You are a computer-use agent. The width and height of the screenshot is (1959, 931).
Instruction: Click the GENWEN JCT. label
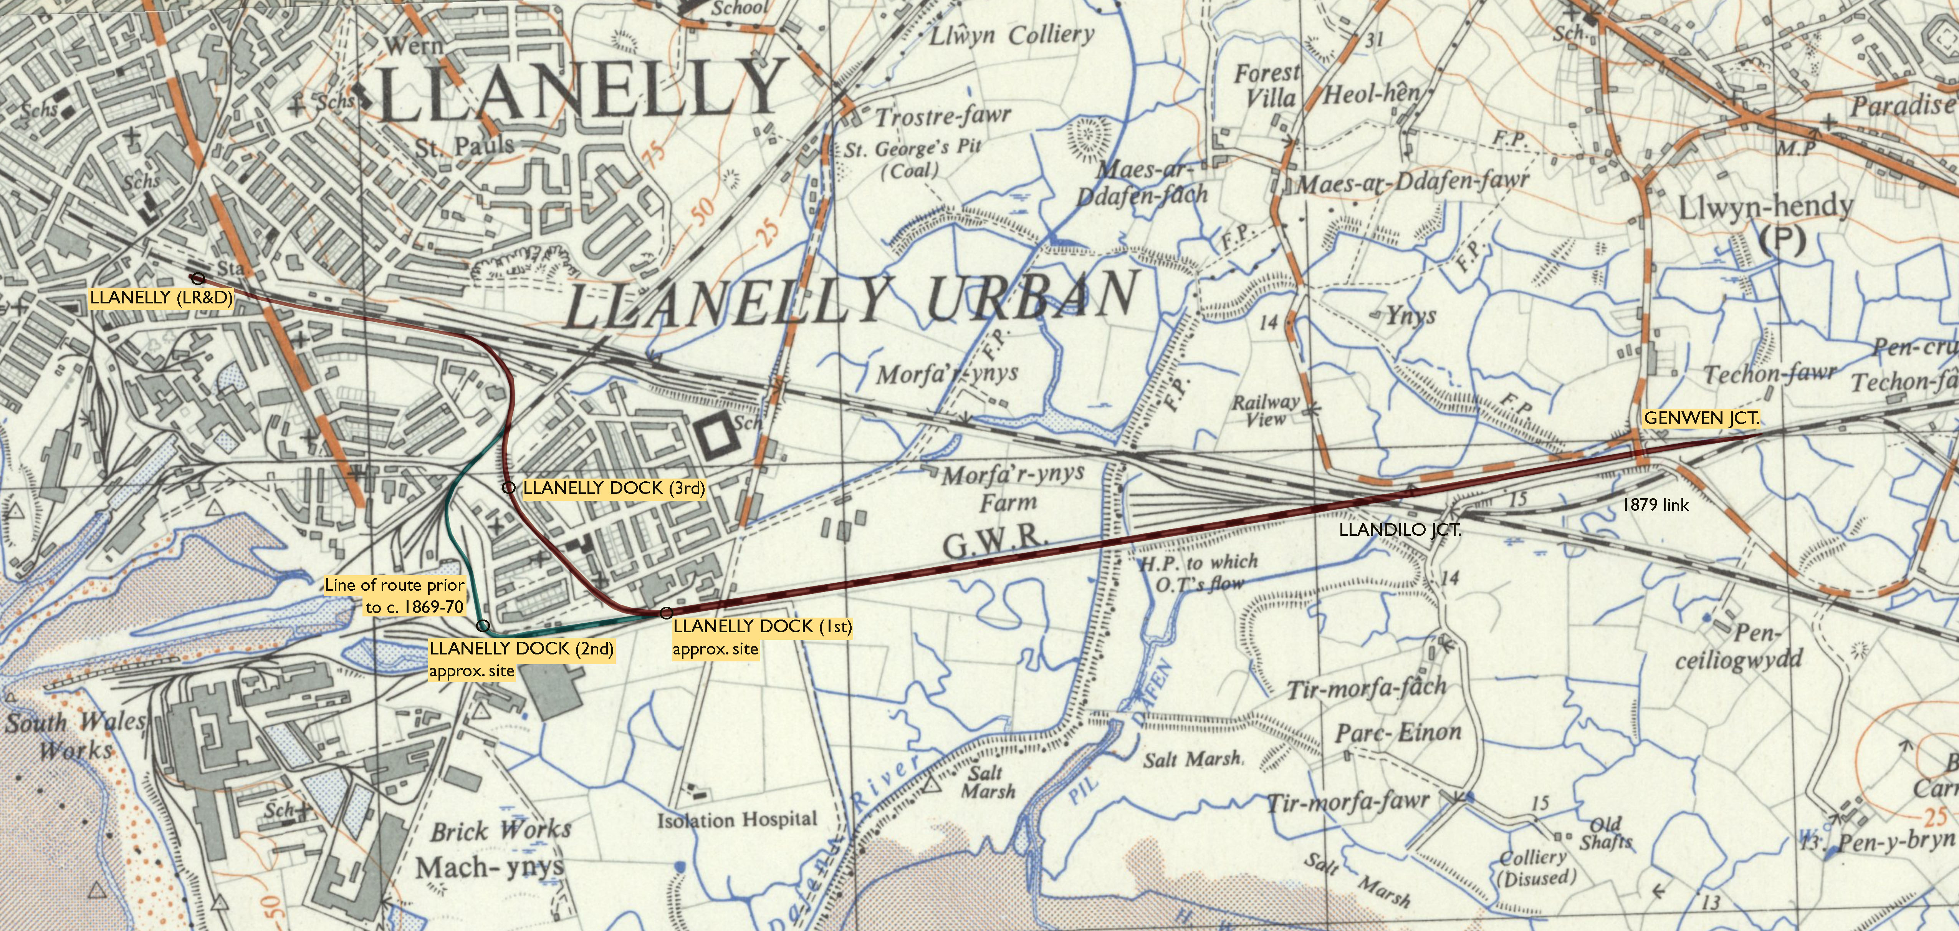[1701, 418]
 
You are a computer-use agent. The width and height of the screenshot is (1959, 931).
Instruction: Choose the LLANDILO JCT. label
[1399, 530]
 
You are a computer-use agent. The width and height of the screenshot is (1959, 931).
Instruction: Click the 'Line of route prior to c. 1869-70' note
[395, 596]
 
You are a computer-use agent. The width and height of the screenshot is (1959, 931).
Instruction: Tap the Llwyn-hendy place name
[1764, 207]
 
